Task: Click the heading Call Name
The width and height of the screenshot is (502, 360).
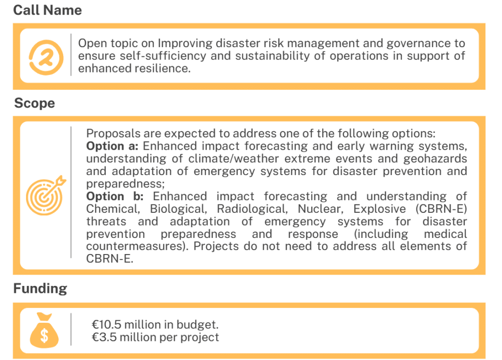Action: pyautogui.click(x=48, y=10)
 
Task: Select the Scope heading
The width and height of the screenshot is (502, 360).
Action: pyautogui.click(x=34, y=103)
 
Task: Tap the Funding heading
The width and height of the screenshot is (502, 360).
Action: pyautogui.click(x=40, y=289)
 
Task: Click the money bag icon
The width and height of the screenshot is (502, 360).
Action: pyautogui.click(x=44, y=330)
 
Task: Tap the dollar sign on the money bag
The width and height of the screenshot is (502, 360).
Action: pyautogui.click(x=44, y=336)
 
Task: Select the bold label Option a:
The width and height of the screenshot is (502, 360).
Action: pyautogui.click(x=113, y=146)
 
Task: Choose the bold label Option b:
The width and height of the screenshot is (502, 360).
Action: pyautogui.click(x=113, y=196)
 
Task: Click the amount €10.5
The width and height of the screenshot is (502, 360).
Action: pyautogui.click(x=107, y=324)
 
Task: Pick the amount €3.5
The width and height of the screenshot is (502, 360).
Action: pyautogui.click(x=104, y=337)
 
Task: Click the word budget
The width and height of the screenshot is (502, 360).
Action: pyautogui.click(x=199, y=324)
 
